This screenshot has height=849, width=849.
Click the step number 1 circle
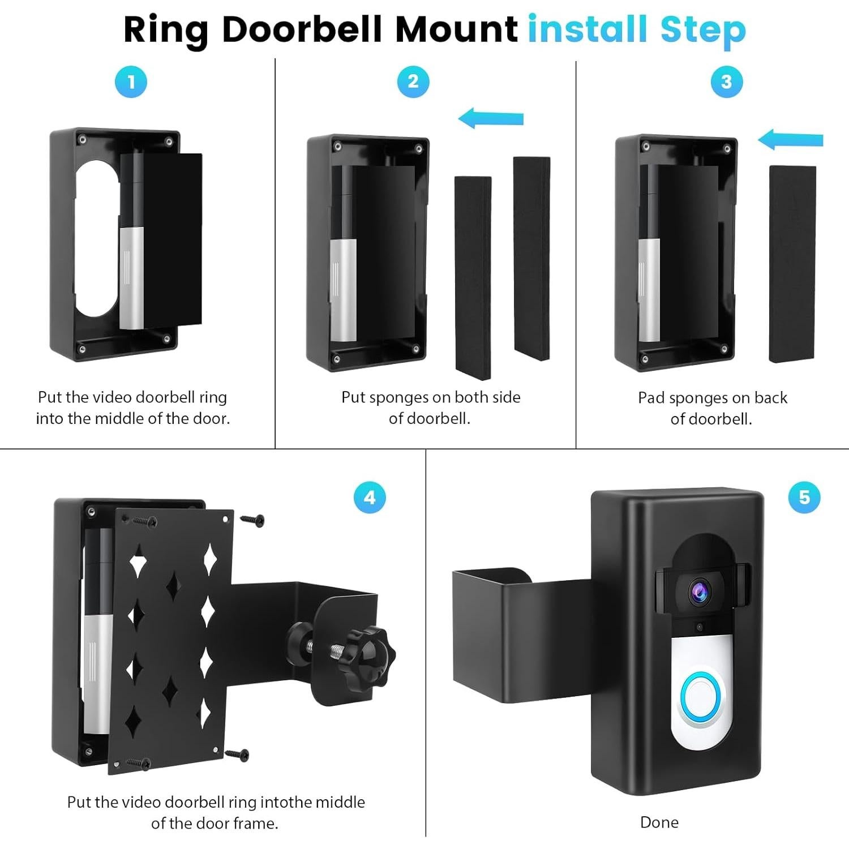point(131,82)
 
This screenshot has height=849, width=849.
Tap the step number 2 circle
point(413,82)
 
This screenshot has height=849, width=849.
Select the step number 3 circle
point(726,82)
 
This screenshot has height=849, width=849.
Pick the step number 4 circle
point(370,498)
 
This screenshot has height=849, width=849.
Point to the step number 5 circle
point(804,498)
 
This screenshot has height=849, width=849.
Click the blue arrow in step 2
point(490,119)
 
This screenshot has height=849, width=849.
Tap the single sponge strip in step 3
point(792,264)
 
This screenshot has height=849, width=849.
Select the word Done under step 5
point(659,822)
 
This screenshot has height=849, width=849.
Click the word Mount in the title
point(456,29)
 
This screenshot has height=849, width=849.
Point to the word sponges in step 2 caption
point(401,398)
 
